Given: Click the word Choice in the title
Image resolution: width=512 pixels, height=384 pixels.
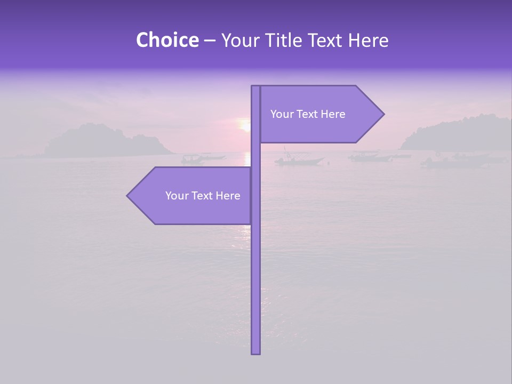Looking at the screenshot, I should pyautogui.click(x=167, y=41).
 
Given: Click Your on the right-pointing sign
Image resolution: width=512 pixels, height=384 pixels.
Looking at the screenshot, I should pyautogui.click(x=282, y=114).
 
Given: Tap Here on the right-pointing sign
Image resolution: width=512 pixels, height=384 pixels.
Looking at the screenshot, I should pyautogui.click(x=333, y=114).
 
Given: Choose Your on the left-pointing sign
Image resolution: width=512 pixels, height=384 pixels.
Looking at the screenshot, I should pyautogui.click(x=177, y=196).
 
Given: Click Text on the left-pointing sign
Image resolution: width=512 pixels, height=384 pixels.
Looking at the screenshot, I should pyautogui.click(x=203, y=196).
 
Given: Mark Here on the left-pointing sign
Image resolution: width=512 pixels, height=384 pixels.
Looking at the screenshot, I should pyautogui.click(x=228, y=196).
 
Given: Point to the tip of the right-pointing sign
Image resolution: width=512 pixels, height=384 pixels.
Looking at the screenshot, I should pyautogui.click(x=383, y=114).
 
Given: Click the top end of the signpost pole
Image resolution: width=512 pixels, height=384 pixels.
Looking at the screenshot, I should pyautogui.click(x=255, y=87).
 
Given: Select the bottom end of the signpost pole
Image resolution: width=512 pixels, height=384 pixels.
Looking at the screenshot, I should pyautogui.click(x=255, y=353).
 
